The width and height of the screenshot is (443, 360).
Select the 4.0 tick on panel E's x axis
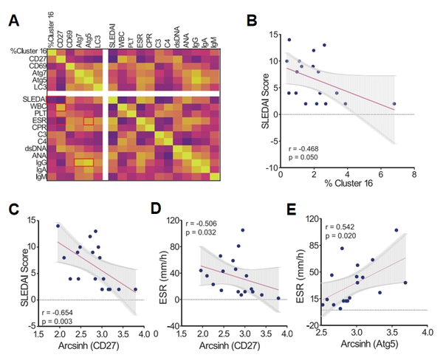pyautogui.click(x=426, y=333)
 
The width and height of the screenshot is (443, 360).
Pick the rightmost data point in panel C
pyautogui.click(x=135, y=289)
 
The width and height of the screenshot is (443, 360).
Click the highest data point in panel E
pyautogui.click(x=396, y=230)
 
